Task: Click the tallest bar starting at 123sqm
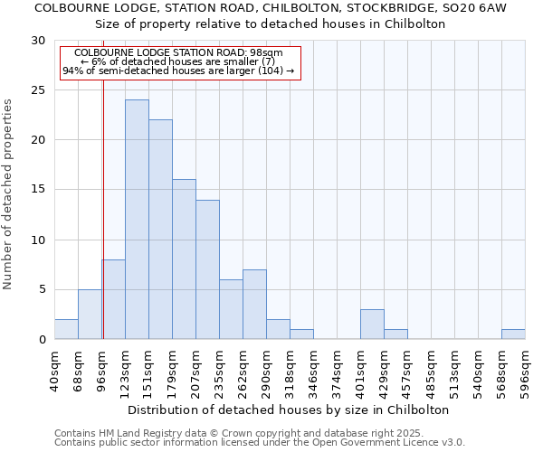pos(137,220)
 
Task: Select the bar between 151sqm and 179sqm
pos(160,230)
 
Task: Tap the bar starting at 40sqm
pos(66,329)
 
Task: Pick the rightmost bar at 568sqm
pos(513,334)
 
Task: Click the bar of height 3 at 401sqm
pos(372,325)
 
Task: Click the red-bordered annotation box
pos(179,61)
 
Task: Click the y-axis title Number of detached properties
pos(8,194)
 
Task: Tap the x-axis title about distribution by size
pos(289,410)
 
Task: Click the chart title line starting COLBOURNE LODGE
pos(271,7)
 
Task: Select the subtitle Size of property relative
pos(271,24)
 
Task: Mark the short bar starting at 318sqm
pos(301,334)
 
